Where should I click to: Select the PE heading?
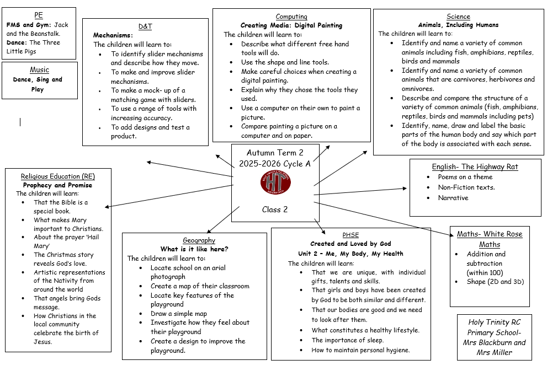pos(39,15)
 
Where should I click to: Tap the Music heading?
pos(39,70)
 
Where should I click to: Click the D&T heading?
pos(145,26)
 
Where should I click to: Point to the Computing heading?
pos(291,17)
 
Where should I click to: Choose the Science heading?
pos(458,17)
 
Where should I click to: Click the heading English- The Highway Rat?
pos(475,166)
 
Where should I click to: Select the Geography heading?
pos(199,240)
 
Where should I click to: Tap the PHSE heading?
pos(350,234)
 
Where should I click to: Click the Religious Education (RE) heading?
pos(58,176)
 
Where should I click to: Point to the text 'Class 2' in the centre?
pos(275,209)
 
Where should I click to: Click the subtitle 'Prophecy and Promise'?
pos(58,185)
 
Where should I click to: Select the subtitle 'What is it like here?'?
pos(194,249)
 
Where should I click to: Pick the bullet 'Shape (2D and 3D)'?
pos(495,282)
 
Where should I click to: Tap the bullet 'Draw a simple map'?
pos(178,314)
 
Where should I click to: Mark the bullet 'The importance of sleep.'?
pos(348,340)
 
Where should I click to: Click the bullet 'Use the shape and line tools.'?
pos(285,62)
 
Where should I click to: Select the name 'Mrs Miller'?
pos(495,352)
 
